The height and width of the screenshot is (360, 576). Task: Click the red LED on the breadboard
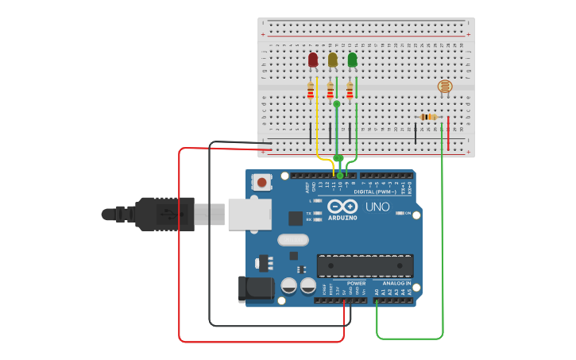coord(313,60)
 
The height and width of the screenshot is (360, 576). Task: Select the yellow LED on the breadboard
coord(332,60)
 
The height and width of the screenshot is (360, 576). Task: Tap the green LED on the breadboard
coord(352,60)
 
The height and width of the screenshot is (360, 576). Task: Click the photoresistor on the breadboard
coord(445,86)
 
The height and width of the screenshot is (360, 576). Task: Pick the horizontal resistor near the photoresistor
coord(428,117)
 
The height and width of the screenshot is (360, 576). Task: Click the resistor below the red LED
coord(311,92)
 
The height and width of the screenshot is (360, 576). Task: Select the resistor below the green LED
coord(350,92)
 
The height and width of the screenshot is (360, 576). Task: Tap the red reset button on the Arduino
coord(261,182)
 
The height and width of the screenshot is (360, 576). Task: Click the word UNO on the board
coord(377,207)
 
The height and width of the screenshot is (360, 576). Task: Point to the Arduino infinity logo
coord(343,207)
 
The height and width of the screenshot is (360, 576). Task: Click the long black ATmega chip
coord(365,265)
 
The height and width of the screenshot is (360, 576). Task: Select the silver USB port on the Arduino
coord(249,214)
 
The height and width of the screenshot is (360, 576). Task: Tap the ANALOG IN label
coord(396,283)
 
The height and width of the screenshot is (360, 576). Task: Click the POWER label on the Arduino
coord(356,283)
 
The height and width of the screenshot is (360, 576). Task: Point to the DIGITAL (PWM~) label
coord(374,192)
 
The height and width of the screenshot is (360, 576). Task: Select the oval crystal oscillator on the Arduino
coord(292,239)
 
